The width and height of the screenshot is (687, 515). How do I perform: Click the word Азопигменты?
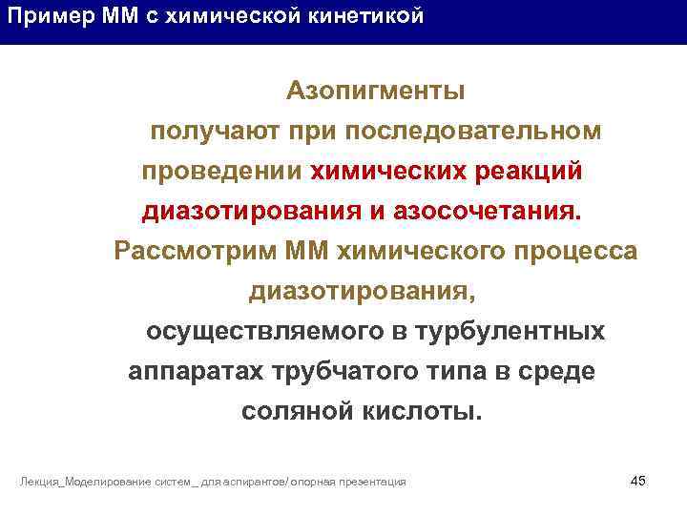[376, 92]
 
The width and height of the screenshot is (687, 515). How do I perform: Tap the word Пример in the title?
[41, 17]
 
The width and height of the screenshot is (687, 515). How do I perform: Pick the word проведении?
[221, 172]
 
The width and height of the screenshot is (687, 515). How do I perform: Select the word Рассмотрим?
[195, 252]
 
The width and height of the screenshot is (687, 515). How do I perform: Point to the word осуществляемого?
[255, 332]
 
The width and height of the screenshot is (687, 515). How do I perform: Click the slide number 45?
[638, 480]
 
